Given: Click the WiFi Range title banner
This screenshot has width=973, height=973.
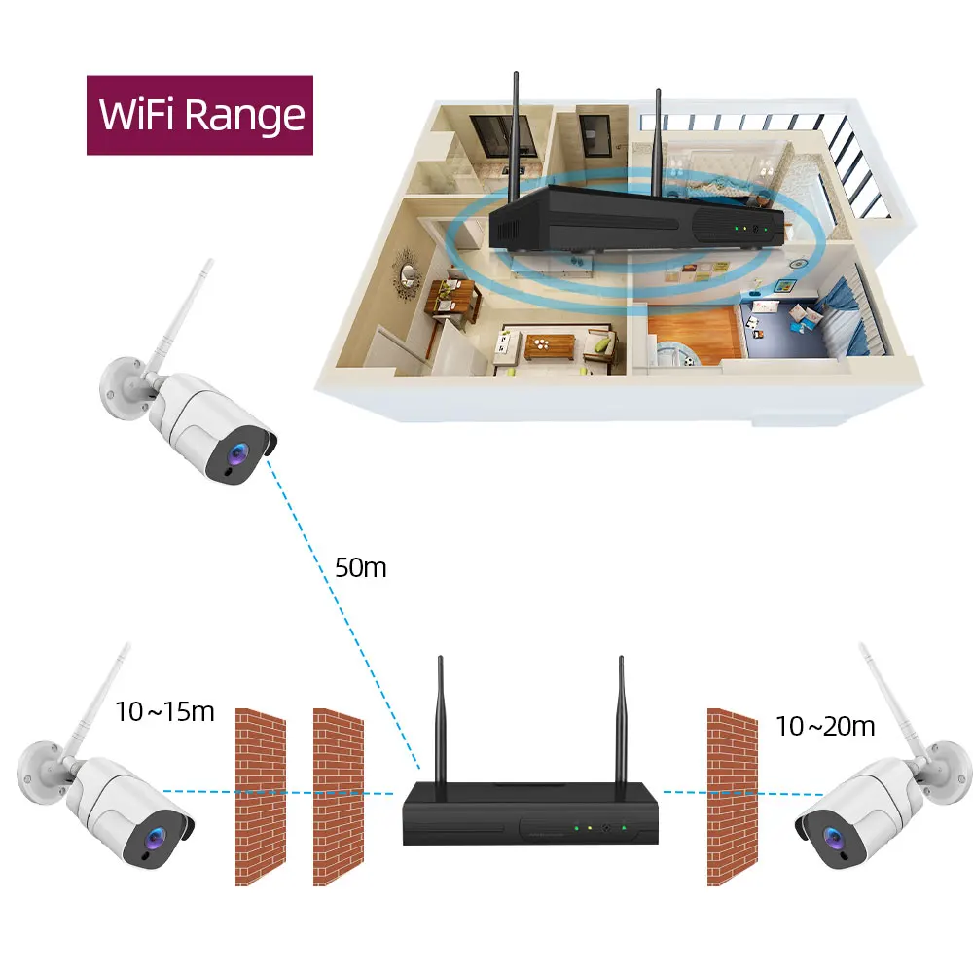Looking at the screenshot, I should click(200, 115).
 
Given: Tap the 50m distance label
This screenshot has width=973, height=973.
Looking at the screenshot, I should click(360, 568).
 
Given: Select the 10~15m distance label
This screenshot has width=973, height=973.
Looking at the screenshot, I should click(164, 711).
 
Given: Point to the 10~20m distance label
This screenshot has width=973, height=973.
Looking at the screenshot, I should click(825, 725).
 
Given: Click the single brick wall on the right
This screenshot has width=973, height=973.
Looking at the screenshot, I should click(732, 796).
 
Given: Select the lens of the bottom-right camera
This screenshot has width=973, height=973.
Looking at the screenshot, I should click(836, 834).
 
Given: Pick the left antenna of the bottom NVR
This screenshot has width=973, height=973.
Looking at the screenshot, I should click(440, 718).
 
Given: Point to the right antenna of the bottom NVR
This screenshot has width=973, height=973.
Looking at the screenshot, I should click(620, 718).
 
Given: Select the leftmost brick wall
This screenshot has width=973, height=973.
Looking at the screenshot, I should click(261, 796).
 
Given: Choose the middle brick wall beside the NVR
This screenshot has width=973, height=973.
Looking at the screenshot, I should click(338, 796).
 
